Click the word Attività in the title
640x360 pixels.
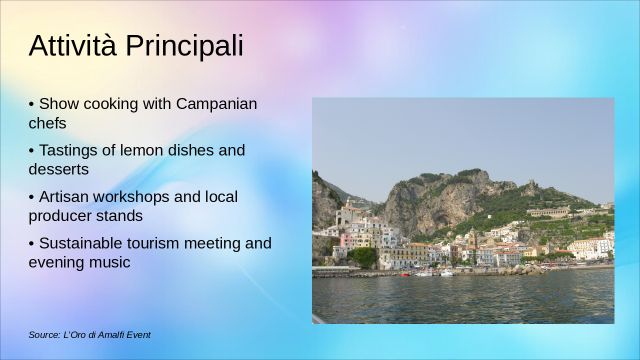click(x=72, y=46)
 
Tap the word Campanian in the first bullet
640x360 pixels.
click(x=216, y=104)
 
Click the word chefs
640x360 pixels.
click(x=47, y=123)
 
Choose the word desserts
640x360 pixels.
click(x=58, y=169)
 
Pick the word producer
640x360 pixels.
click(x=56, y=216)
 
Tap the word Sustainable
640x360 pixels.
click(x=80, y=243)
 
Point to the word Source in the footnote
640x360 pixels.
click(x=43, y=335)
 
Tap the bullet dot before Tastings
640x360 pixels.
click(x=31, y=150)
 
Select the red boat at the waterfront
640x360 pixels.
click(x=404, y=274)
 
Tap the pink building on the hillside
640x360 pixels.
click(x=346, y=240)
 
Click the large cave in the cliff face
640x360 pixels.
click(x=441, y=218)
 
